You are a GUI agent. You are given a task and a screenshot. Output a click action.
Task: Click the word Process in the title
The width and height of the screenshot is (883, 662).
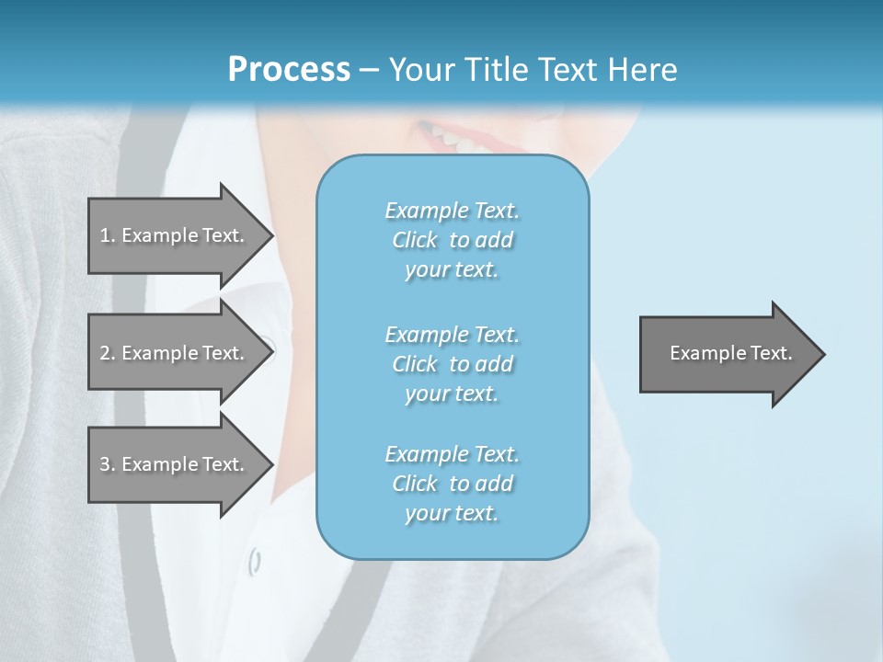point(289,70)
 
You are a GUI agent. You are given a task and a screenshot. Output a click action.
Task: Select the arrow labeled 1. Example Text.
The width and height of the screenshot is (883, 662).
point(172,235)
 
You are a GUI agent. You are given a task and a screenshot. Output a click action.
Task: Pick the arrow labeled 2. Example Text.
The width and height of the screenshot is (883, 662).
point(172,353)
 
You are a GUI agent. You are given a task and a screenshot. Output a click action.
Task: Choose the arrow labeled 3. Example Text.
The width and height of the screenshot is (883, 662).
point(172,464)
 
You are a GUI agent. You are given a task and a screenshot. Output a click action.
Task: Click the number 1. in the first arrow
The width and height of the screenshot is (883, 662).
point(107,235)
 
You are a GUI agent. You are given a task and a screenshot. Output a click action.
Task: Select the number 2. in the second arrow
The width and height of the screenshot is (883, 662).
point(107,353)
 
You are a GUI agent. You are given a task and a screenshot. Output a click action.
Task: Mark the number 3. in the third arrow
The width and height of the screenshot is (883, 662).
point(107,464)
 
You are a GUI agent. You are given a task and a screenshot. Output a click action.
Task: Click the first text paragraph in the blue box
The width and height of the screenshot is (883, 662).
point(452,240)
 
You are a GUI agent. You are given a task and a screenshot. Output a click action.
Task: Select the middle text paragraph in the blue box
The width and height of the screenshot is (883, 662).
point(452,364)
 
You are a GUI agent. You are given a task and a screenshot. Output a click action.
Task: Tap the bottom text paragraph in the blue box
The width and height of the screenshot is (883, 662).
point(452,484)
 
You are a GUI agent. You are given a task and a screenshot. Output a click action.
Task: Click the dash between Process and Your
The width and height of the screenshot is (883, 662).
point(370,70)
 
